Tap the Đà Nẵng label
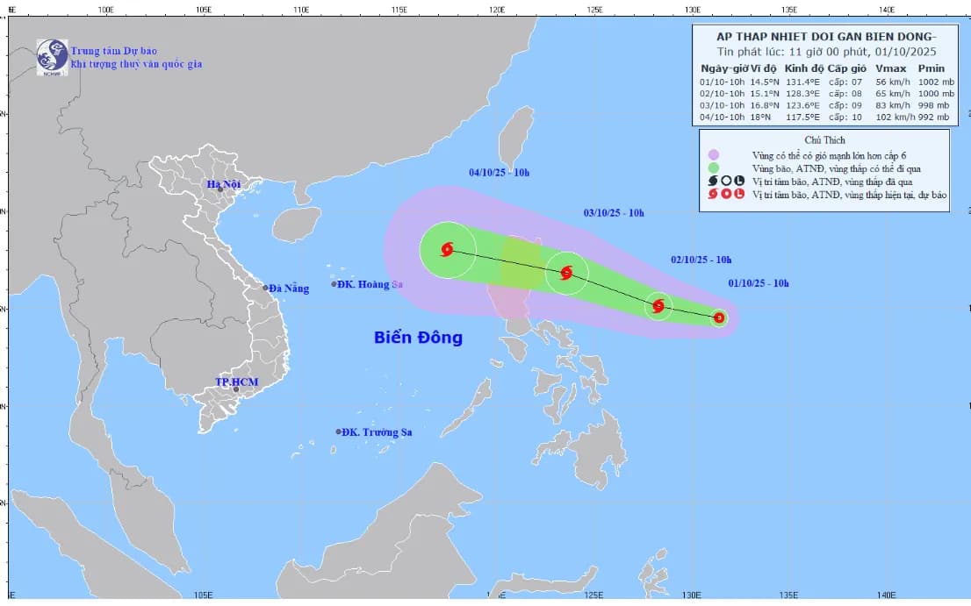(x=289, y=289)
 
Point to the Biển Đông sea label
(x=418, y=338)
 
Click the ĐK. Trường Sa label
(x=377, y=432)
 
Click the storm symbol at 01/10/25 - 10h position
(x=719, y=317)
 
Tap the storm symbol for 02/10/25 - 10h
(x=658, y=306)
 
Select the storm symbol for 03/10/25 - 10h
(x=566, y=273)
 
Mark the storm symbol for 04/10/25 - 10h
(x=447, y=250)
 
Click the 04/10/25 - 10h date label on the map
(x=499, y=173)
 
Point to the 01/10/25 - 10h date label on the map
(x=759, y=283)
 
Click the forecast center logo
(x=52, y=57)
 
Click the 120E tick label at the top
(x=496, y=9)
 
